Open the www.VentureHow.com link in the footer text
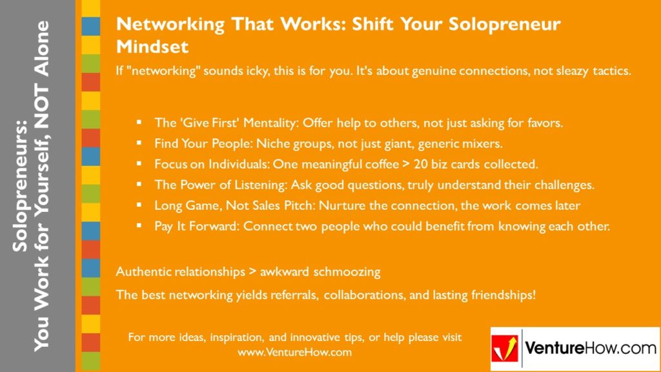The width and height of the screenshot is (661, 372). pyautogui.click(x=294, y=353)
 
